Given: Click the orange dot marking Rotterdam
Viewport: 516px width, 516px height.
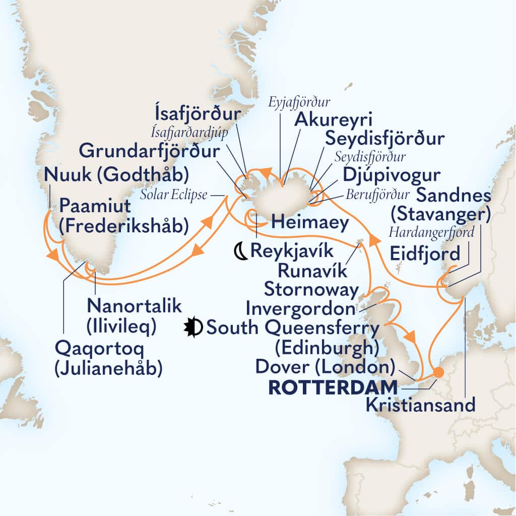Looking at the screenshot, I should [438, 372].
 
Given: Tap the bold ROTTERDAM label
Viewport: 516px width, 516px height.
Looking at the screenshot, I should [343, 388].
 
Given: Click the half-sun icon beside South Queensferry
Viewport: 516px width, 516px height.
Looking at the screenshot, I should [195, 328].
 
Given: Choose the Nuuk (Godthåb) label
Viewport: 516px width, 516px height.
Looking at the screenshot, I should [116, 175].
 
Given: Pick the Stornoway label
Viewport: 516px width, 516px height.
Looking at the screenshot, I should [311, 290].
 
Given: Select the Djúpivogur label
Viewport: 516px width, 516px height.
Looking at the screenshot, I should [392, 175].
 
